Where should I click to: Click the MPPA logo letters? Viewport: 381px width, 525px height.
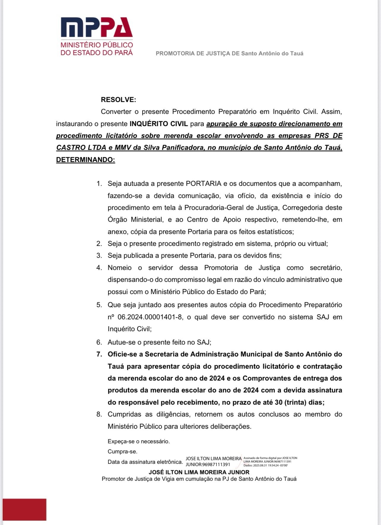tap(96, 27)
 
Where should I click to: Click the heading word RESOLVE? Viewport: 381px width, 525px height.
tap(118, 100)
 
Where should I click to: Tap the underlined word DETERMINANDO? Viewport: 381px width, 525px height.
tap(85, 160)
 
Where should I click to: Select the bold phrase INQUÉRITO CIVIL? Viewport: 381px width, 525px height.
tap(159, 124)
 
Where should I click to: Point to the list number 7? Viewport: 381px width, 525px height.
tap(99, 354)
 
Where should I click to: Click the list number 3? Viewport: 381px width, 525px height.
tap(99, 255)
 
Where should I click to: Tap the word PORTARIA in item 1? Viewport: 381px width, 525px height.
tap(204, 183)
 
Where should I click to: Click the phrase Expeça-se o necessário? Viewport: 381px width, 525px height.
tap(139, 441)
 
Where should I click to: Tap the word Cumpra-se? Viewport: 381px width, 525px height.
tap(122, 452)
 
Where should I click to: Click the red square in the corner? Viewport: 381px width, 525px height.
tap(24, 510)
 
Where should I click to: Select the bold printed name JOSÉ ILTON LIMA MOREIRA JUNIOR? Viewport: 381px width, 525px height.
tap(199, 472)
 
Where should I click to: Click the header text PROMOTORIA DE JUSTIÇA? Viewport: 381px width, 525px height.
tap(197, 54)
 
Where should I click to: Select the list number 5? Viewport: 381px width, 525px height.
tap(99, 305)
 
